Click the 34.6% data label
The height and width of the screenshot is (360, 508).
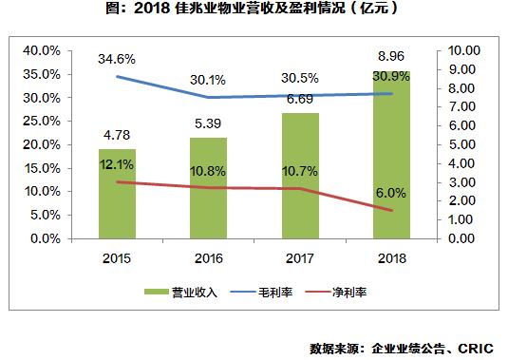click(x=116, y=59)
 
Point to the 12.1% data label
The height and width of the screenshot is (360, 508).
click(x=116, y=165)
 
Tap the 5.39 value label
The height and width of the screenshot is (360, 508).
click(x=208, y=123)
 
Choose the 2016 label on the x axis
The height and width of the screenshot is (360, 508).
click(x=208, y=258)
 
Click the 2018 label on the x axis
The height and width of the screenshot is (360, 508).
click(x=391, y=258)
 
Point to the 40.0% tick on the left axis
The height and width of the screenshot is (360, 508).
click(x=42, y=50)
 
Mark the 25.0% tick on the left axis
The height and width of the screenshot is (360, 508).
click(x=42, y=121)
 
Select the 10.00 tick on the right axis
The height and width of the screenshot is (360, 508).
click(x=465, y=50)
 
